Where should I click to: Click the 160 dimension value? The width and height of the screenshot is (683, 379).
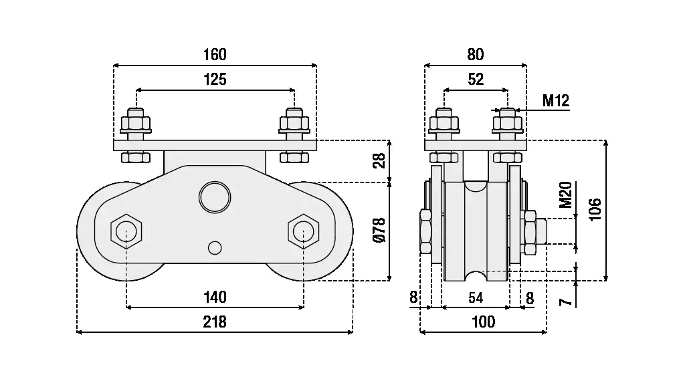(215, 54)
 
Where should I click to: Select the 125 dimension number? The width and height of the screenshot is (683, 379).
(215, 80)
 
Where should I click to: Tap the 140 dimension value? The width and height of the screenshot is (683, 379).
(215, 297)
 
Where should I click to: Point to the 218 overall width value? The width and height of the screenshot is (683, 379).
(215, 322)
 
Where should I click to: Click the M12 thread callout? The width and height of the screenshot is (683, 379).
(555, 101)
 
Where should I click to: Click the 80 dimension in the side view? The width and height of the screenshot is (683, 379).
(476, 54)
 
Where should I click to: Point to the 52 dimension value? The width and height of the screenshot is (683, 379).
(476, 80)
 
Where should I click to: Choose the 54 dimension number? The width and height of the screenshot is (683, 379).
(476, 297)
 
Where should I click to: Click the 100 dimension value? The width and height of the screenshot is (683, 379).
(483, 322)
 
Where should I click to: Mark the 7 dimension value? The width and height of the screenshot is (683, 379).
(566, 302)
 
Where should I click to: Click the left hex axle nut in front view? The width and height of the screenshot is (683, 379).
(125, 231)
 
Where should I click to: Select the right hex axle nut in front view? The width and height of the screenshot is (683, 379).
(303, 231)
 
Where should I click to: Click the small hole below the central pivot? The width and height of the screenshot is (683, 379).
(214, 247)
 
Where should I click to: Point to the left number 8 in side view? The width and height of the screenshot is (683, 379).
(413, 297)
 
